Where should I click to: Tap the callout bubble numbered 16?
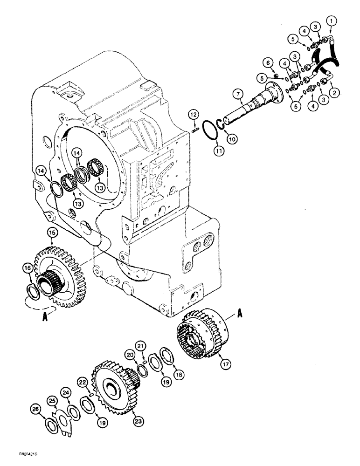coord(27,268)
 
